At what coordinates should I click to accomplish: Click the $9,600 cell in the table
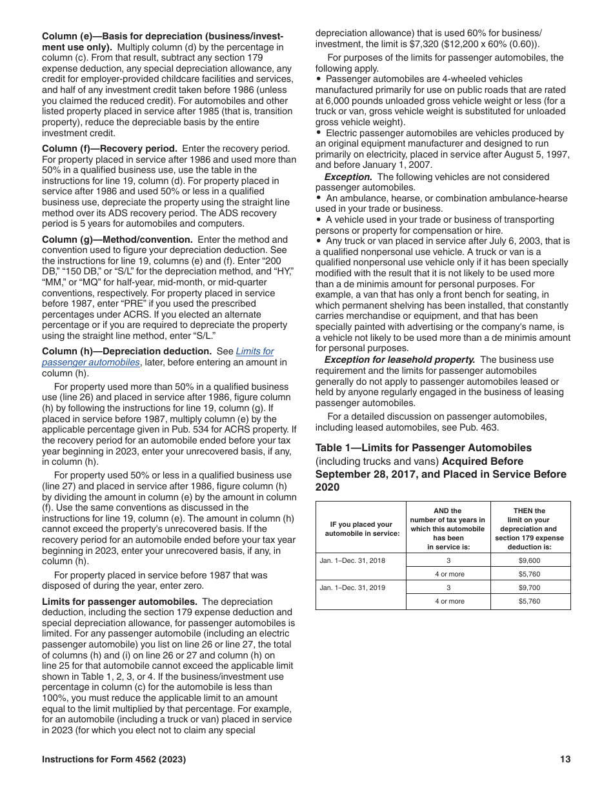pyautogui.click(x=530, y=560)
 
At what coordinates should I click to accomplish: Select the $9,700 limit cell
pyautogui.click(x=530, y=587)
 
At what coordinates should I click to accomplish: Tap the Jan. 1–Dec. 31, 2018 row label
pyautogui.click(x=352, y=560)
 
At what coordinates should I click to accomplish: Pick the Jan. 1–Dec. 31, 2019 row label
pyautogui.click(x=352, y=587)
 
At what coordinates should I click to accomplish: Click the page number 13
pyautogui.click(x=565, y=760)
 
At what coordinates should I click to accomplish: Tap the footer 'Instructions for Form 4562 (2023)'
pyautogui.click(x=114, y=760)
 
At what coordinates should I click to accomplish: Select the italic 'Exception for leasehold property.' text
pyautogui.click(x=399, y=360)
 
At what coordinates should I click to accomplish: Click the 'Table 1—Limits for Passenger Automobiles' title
pyautogui.click(x=423, y=448)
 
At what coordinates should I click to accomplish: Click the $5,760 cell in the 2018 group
pyautogui.click(x=530, y=574)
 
